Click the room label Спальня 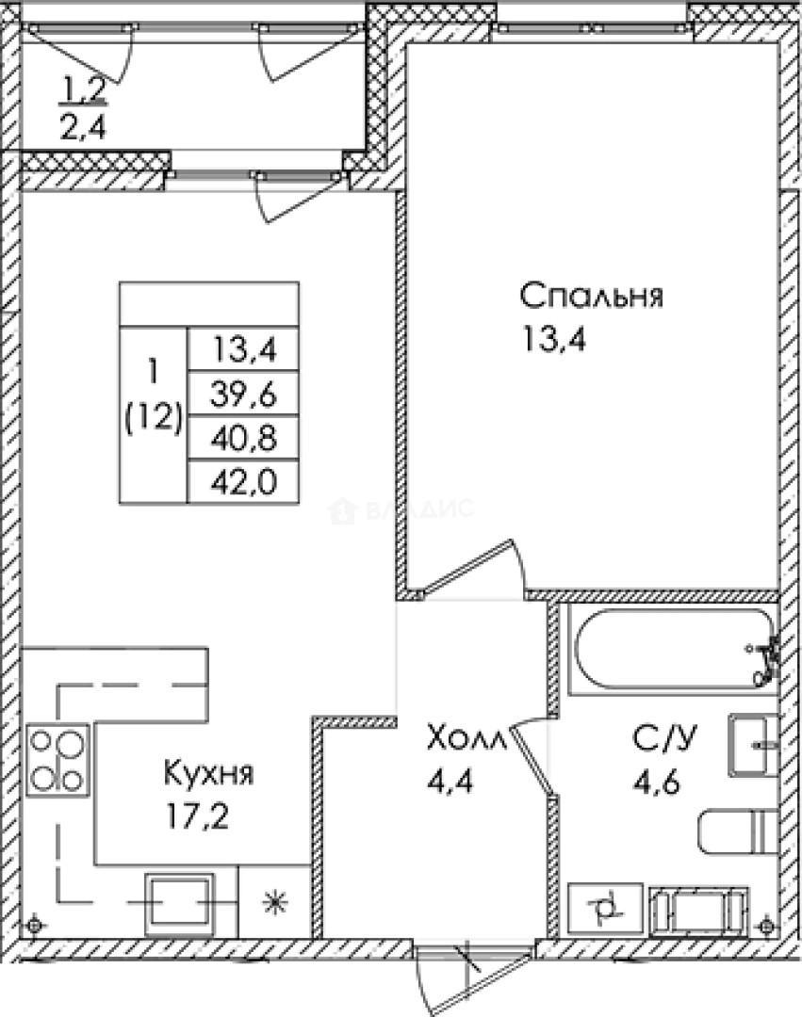click(x=592, y=297)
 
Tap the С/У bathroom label click(x=659, y=737)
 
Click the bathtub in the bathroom click(x=674, y=650)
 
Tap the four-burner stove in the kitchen click(x=58, y=761)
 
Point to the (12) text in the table click(x=154, y=418)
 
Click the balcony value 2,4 click(x=82, y=125)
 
